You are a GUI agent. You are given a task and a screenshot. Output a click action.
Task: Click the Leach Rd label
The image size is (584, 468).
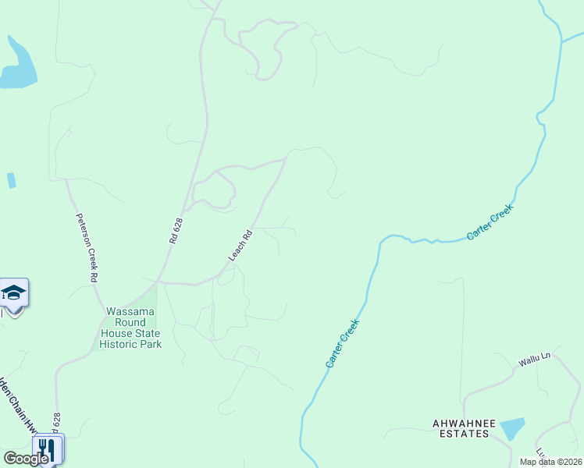(240, 246)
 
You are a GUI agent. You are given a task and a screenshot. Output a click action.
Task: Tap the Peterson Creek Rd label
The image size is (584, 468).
(86, 247)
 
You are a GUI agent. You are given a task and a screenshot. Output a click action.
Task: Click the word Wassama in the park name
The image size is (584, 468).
(131, 311)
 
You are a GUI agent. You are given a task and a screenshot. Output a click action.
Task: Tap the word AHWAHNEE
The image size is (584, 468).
(465, 423)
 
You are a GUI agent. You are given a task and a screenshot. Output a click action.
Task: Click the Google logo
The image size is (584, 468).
(26, 459)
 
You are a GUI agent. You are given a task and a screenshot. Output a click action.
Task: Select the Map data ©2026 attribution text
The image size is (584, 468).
(550, 462)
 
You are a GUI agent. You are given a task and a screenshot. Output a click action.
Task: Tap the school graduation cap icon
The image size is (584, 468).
(13, 292)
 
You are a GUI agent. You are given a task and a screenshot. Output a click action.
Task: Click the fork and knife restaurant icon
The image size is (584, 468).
(47, 448)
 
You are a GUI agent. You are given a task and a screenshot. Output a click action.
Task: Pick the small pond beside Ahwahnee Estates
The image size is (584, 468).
(511, 428)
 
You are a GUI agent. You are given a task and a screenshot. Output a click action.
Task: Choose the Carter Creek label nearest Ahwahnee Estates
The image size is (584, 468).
(342, 343)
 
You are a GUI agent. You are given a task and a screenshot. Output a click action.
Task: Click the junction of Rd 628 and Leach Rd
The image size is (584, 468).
(158, 281)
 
